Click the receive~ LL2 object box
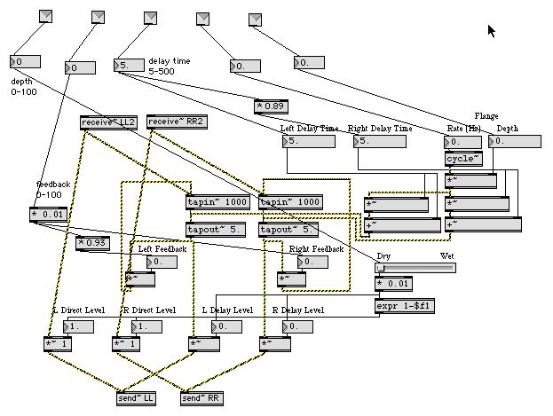coord(109,122)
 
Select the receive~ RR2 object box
coord(175,122)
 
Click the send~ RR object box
coord(202,398)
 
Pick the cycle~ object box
coord(463,160)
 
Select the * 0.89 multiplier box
coord(271,106)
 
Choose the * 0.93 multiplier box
coord(92,243)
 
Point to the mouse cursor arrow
coord(492,30)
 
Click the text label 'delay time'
coord(169,61)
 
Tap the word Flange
coord(486,115)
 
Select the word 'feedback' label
coord(52,185)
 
